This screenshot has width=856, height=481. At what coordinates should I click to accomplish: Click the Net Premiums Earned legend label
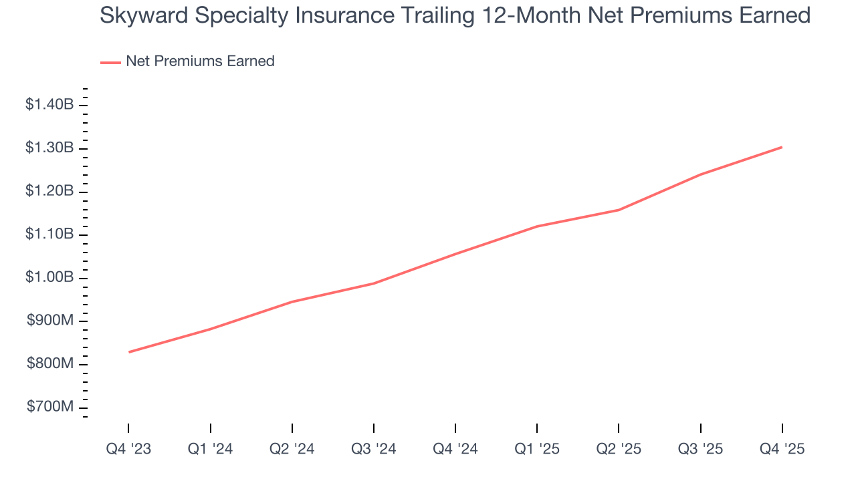point(200,61)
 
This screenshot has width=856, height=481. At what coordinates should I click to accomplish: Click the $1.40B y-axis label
point(49,104)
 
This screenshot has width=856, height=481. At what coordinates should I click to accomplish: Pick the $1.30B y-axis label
point(49,148)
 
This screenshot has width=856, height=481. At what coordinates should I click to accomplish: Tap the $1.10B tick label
point(49,234)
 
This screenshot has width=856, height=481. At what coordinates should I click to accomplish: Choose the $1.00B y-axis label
point(49,277)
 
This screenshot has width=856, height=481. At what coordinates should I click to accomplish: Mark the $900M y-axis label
point(50,321)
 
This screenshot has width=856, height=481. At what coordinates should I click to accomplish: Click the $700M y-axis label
point(50,407)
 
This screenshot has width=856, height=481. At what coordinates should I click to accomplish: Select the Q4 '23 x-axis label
point(128,449)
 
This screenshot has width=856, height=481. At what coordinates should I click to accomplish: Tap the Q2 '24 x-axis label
point(292,449)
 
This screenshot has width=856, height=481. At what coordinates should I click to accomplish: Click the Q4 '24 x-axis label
point(455,449)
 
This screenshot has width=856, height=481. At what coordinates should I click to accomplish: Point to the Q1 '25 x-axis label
point(537,449)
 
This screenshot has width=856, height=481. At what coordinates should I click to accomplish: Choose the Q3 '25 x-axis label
point(700,449)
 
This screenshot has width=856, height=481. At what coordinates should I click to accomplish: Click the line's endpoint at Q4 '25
point(782,147)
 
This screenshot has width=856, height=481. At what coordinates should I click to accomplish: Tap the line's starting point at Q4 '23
point(128,352)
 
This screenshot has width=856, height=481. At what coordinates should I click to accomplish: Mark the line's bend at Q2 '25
point(619,210)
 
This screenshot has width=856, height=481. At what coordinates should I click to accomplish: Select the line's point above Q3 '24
point(373,283)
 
